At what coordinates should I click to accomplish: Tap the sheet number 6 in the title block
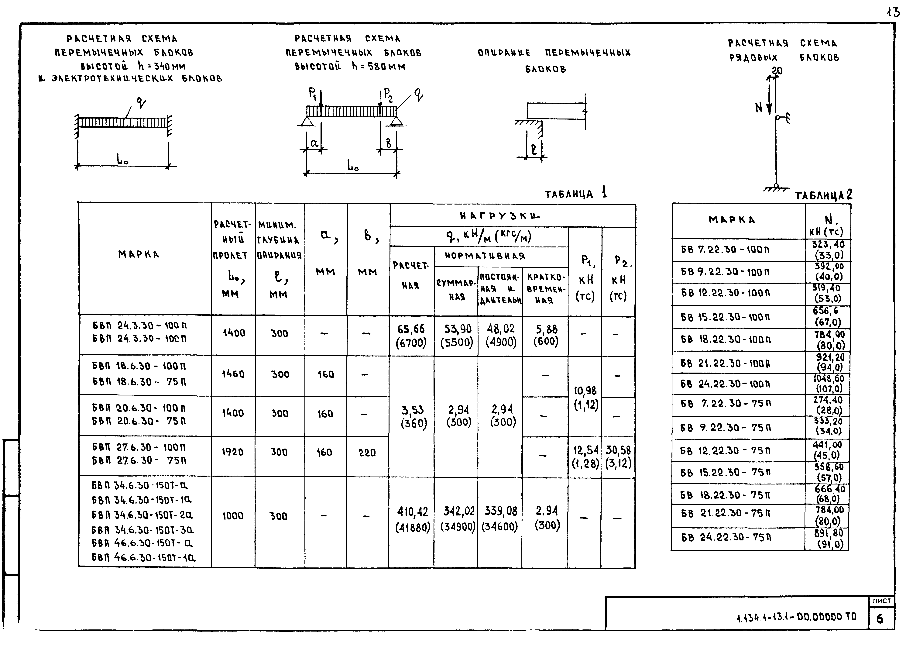point(880,619)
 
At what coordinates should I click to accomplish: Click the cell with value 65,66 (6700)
point(411,336)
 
